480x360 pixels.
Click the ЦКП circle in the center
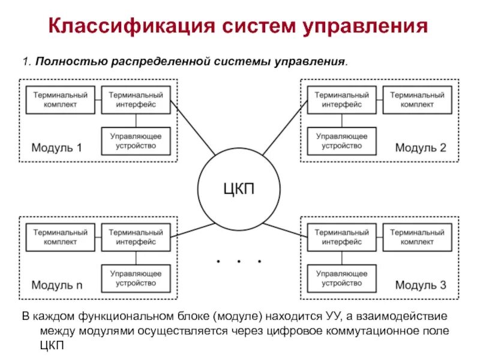239,189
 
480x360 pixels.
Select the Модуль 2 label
420,148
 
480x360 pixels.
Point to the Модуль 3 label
420,285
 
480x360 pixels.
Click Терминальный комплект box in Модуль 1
60,100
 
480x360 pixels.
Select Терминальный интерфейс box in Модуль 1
136,100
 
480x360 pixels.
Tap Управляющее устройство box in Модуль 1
136,141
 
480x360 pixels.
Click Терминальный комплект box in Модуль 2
417,100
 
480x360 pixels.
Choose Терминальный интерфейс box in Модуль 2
341,100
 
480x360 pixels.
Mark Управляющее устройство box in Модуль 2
341,141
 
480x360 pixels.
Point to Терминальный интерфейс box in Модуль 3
341,237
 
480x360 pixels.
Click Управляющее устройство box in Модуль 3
341,278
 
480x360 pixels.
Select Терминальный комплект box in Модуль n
60,237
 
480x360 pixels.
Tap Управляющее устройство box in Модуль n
136,278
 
